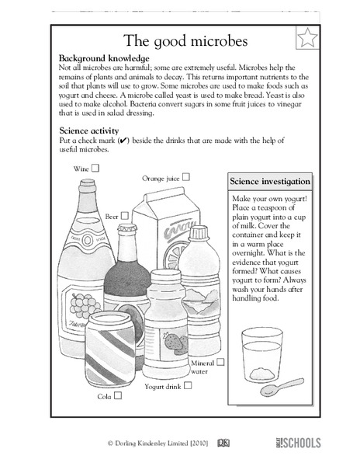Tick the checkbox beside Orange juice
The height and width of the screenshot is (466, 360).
pyautogui.click(x=186, y=177)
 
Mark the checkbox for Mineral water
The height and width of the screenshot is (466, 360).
pyautogui.click(x=220, y=362)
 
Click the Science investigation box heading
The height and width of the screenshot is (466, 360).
pyautogui.click(x=270, y=182)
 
